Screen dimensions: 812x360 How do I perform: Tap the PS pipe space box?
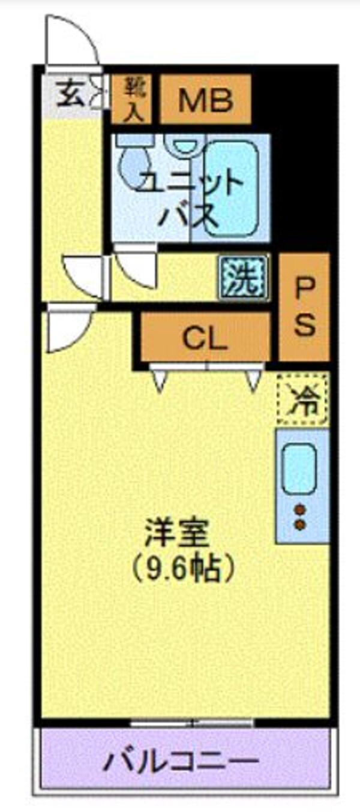[x=304, y=307]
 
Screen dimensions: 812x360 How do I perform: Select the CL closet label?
[x=205, y=339]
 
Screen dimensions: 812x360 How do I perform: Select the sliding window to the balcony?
[x=192, y=723]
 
